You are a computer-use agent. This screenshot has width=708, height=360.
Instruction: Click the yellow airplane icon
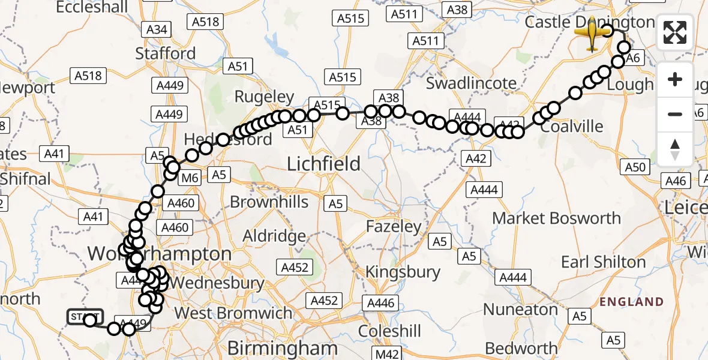[x=592, y=34]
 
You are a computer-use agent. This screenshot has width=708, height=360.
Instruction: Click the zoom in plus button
[x=675, y=79]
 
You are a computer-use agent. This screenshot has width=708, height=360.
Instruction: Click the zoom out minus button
[x=675, y=114]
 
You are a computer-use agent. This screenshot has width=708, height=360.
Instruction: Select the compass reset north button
[x=675, y=148]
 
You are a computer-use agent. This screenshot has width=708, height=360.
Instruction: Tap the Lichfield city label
[x=324, y=164]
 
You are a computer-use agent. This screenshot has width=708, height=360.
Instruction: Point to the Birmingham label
[x=283, y=349]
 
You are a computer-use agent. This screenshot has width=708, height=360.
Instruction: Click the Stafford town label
[x=166, y=53]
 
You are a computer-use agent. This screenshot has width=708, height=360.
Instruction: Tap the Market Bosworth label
[x=556, y=218]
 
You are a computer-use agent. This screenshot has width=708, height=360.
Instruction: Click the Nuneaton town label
[x=521, y=310]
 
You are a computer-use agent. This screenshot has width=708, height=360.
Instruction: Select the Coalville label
[x=571, y=127]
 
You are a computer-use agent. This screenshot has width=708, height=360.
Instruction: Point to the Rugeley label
[x=264, y=97]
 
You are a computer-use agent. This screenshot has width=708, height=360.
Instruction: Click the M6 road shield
[x=190, y=177]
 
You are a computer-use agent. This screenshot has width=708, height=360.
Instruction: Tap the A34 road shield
[x=157, y=29]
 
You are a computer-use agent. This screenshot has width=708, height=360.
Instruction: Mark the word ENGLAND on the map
[x=632, y=302]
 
